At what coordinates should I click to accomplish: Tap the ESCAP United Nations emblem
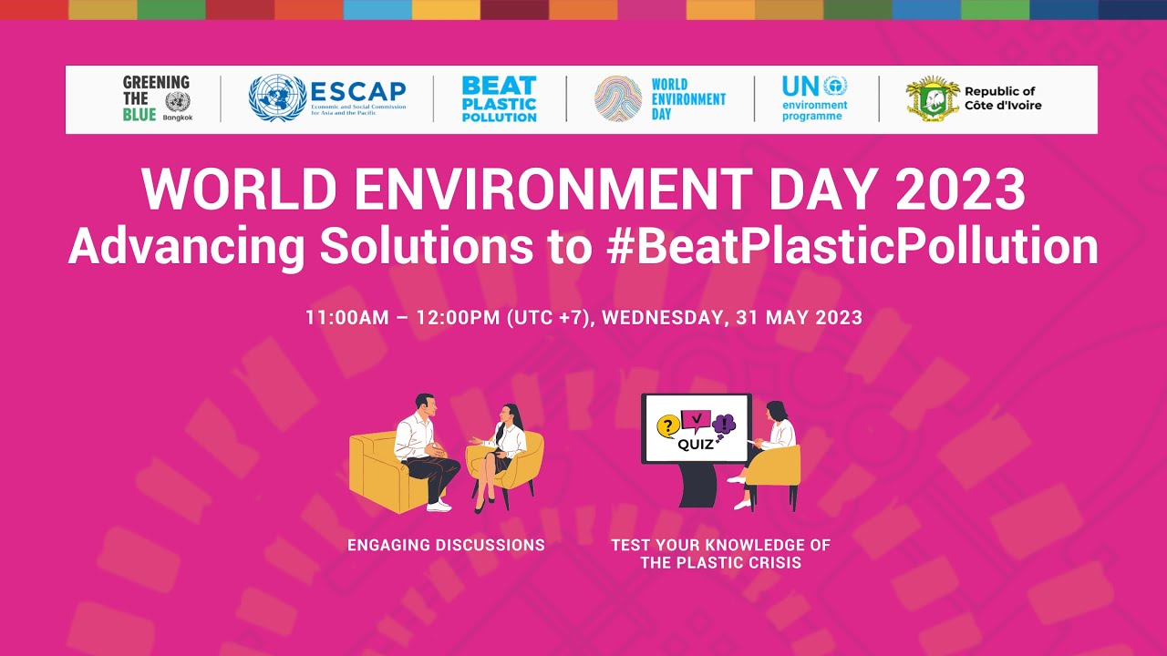click(277, 98)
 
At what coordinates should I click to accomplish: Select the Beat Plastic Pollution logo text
click(499, 98)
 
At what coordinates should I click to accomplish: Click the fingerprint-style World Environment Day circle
click(618, 98)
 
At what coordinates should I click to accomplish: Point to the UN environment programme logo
click(814, 98)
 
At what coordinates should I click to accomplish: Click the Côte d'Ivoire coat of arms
click(932, 98)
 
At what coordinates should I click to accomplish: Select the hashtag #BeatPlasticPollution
click(852, 245)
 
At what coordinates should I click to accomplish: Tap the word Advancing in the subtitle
click(188, 245)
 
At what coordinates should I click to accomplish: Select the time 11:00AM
click(346, 318)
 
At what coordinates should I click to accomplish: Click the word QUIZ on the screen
click(696, 445)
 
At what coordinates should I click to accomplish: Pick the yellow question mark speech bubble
click(668, 425)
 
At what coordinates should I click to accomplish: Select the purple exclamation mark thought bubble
click(725, 424)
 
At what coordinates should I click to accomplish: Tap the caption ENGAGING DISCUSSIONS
click(446, 545)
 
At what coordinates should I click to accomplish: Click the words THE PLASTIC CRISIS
click(720, 562)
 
